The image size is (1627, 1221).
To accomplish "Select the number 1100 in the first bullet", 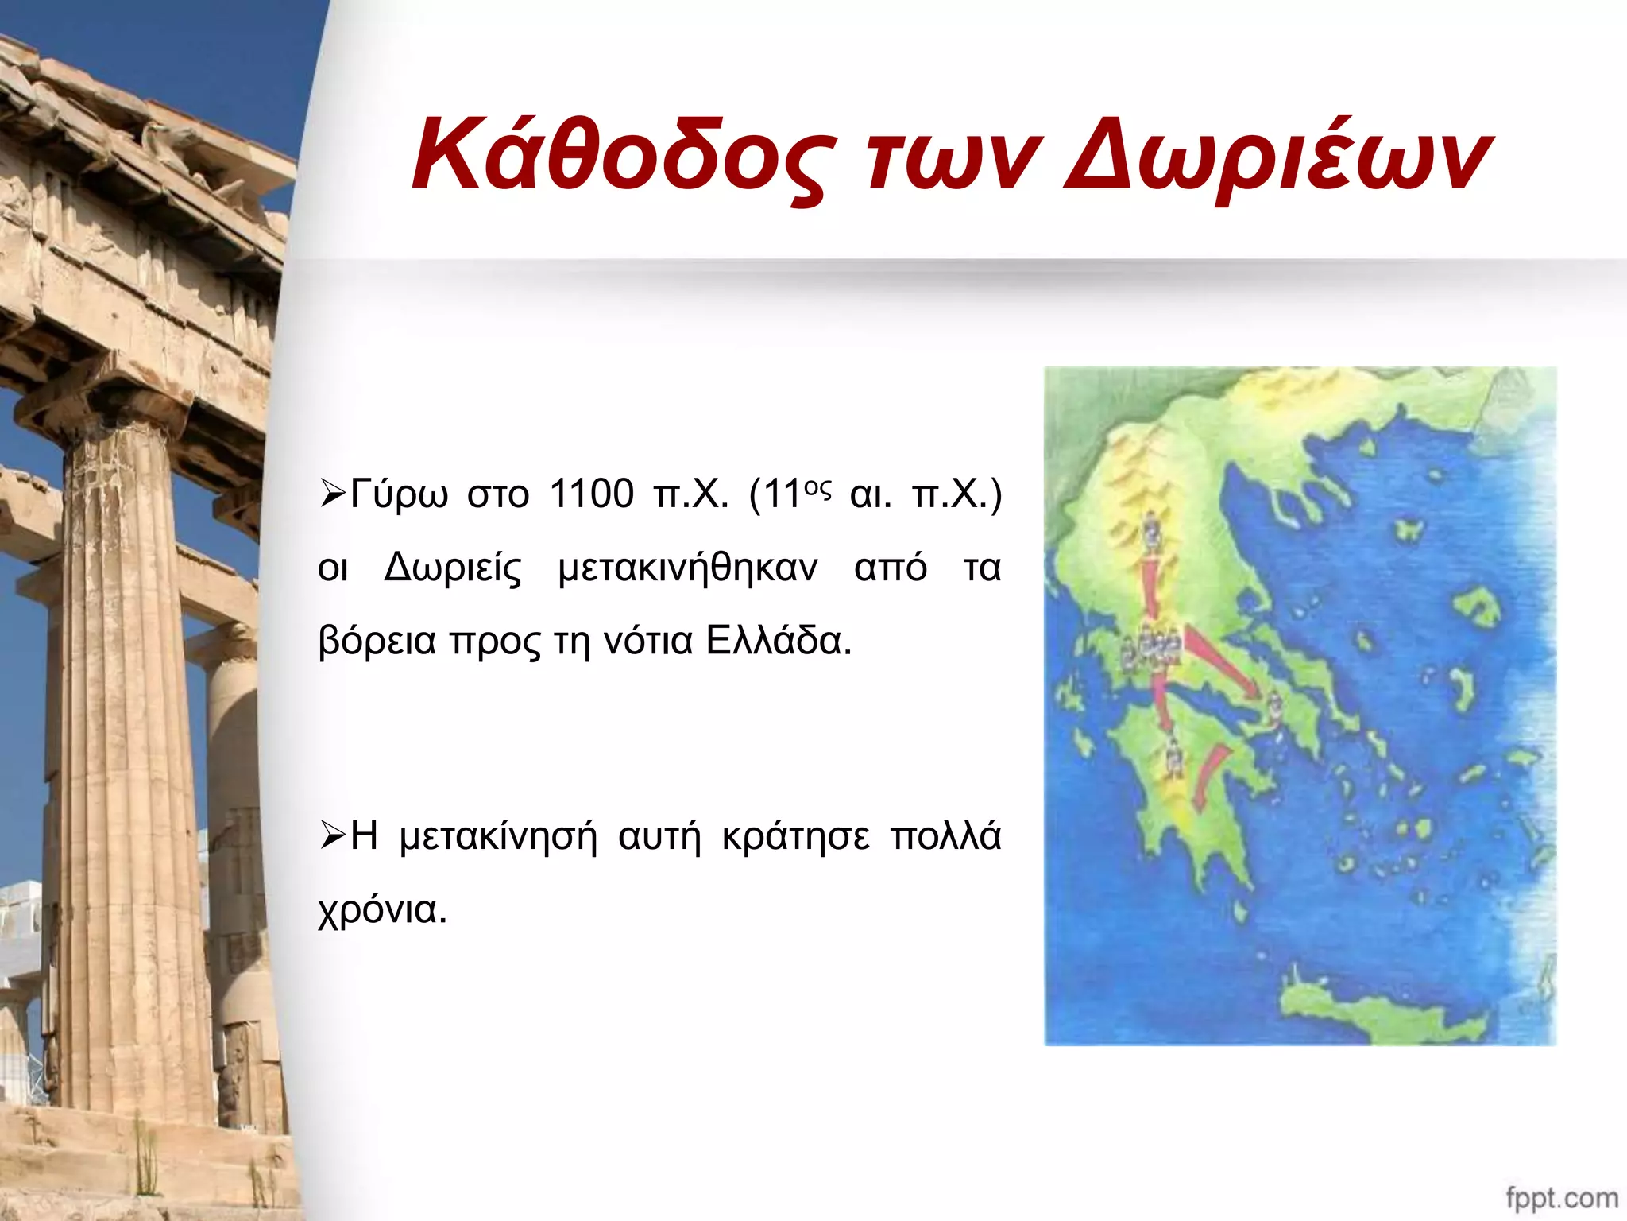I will (591, 494).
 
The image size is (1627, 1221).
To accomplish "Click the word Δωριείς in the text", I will (452, 568).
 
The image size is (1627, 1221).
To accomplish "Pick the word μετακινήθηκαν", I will (687, 568).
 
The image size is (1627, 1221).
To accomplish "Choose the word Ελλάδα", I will (778, 641).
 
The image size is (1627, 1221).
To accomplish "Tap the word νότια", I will (648, 641).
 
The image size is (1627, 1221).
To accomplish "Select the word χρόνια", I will (382, 909).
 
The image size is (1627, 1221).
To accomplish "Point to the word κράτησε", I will (795, 836).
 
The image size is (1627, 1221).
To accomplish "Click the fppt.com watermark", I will (1561, 1197).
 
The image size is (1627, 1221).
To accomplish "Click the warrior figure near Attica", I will (1273, 709).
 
